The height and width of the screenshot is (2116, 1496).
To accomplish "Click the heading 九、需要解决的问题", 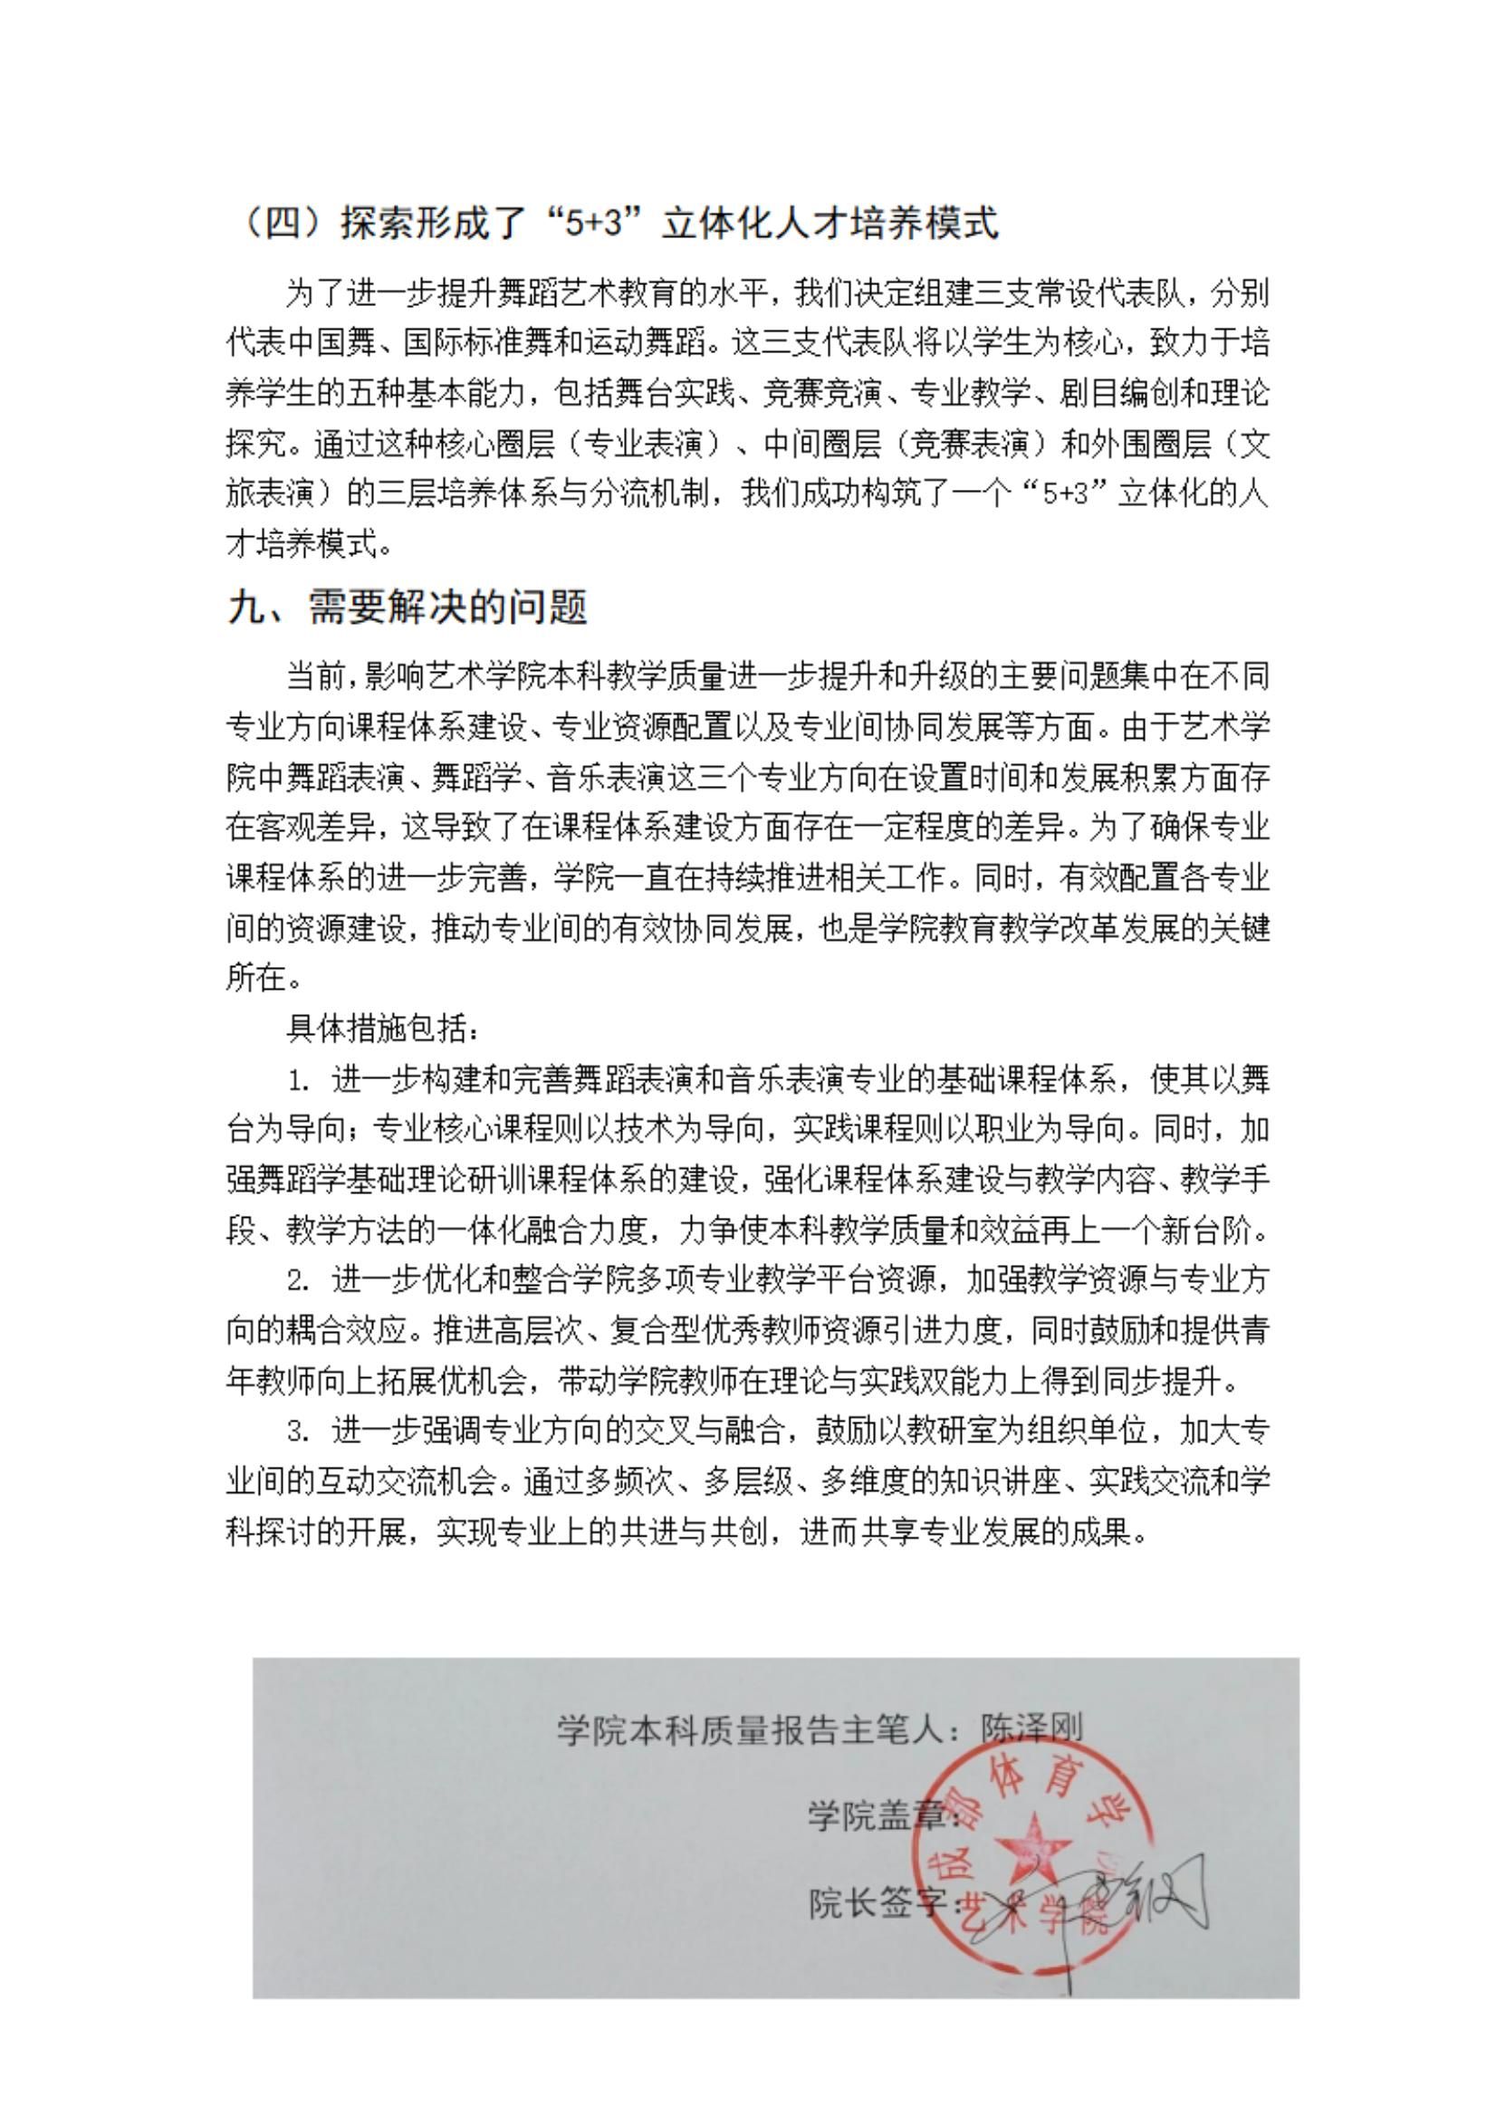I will (x=407, y=608).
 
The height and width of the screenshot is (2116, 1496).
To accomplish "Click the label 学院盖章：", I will (x=884, y=1816).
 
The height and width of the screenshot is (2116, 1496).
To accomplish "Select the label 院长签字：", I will (x=884, y=1905).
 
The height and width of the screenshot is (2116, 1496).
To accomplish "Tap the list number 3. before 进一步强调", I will (x=297, y=1431).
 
